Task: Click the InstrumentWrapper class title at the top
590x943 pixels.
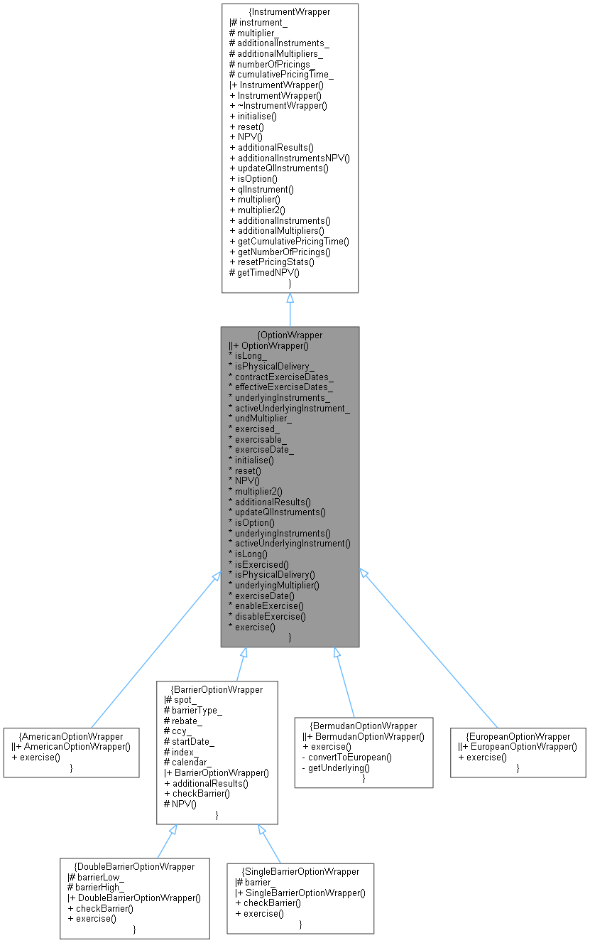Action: (290, 11)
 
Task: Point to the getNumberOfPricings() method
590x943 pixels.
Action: (289, 252)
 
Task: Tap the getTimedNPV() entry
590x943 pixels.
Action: (263, 272)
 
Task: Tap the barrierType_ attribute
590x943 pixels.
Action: (193, 709)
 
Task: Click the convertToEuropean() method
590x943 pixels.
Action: (349, 757)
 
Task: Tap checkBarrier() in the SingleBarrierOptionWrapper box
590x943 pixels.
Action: (268, 902)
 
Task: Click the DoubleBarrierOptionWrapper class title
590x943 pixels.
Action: (134, 866)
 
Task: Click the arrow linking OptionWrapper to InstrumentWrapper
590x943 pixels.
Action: (290, 310)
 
